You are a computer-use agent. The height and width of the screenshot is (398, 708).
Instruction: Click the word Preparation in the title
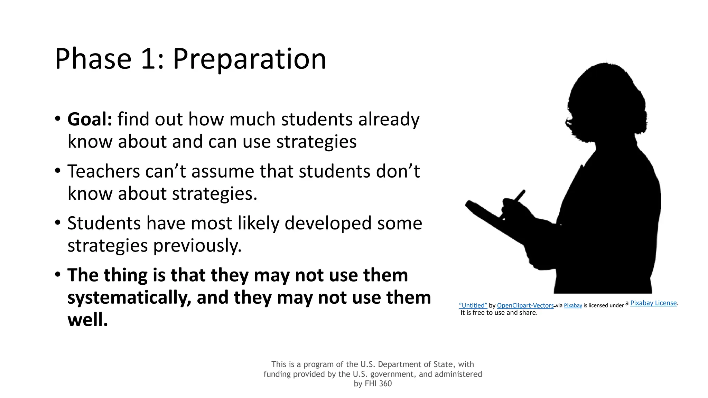pyautogui.click(x=249, y=59)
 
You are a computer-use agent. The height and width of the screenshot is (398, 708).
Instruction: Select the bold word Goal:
pyautogui.click(x=90, y=120)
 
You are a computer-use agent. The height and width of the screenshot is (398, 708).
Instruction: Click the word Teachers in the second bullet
pyautogui.click(x=103, y=171)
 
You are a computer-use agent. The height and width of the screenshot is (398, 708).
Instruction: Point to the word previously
pyautogui.click(x=197, y=246)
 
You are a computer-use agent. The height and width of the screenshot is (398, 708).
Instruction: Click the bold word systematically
pyautogui.click(x=129, y=297)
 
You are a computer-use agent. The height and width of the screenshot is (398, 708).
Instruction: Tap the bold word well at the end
pyautogui.click(x=87, y=320)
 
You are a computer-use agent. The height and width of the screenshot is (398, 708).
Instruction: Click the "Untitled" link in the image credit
pyautogui.click(x=473, y=305)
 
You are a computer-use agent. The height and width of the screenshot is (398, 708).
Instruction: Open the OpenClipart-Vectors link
pyautogui.click(x=525, y=305)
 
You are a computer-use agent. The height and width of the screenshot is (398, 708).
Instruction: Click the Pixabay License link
pyautogui.click(x=653, y=303)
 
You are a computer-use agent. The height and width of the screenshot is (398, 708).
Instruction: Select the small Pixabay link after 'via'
pyautogui.click(x=573, y=305)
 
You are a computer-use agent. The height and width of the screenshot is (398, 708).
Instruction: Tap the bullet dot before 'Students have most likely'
pyautogui.click(x=57, y=222)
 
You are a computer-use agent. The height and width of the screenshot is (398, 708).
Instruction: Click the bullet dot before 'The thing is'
pyautogui.click(x=57, y=274)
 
